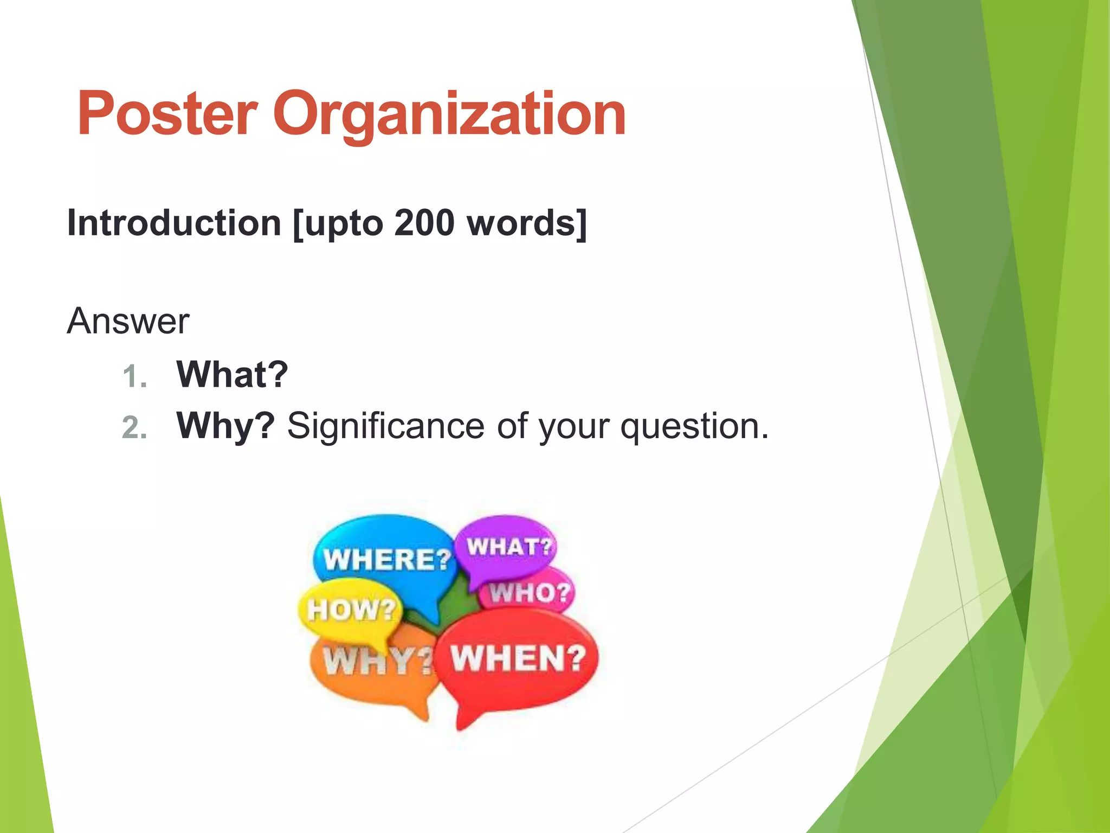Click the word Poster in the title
167,114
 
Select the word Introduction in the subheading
173,223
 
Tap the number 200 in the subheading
424,223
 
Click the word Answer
128,321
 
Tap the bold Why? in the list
225,426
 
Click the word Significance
385,426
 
